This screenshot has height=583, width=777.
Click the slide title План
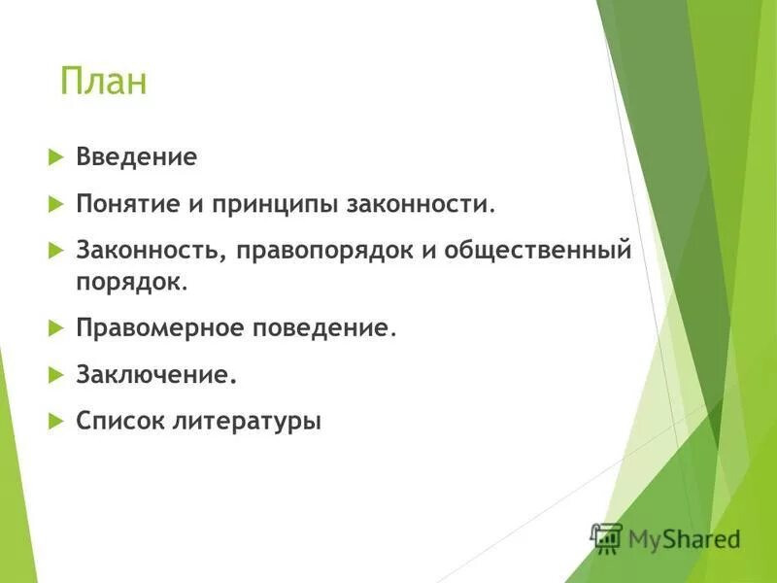pyautogui.click(x=103, y=82)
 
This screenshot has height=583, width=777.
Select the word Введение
pyautogui.click(x=137, y=156)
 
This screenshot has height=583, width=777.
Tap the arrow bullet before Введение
pyautogui.click(x=54, y=156)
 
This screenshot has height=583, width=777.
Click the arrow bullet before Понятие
pyautogui.click(x=54, y=204)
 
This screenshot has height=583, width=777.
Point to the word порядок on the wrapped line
pyautogui.click(x=129, y=281)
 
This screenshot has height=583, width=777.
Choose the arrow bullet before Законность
pyautogui.click(x=54, y=252)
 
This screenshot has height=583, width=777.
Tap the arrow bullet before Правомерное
pyautogui.click(x=54, y=328)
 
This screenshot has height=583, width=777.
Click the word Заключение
pyautogui.click(x=155, y=374)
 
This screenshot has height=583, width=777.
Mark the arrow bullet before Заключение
pyautogui.click(x=54, y=374)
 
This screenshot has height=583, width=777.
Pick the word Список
pyautogui.click(x=118, y=422)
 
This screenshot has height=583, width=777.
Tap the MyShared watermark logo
pyautogui.click(x=666, y=538)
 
